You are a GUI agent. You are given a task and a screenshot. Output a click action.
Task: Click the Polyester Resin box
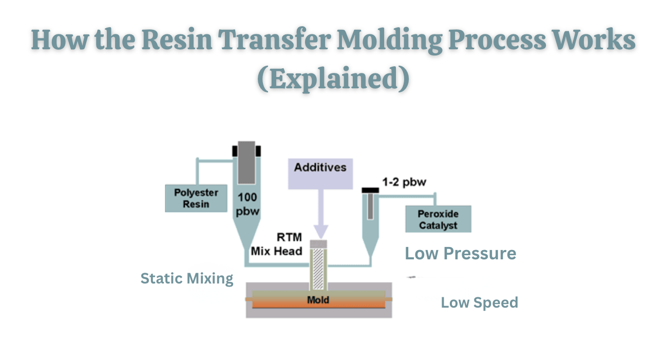tap(196, 198)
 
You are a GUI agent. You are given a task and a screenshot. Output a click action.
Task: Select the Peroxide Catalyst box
tap(438, 219)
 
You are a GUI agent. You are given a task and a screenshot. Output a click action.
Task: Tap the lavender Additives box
tap(320, 174)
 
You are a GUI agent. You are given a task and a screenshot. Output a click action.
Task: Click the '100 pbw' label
tap(246, 204)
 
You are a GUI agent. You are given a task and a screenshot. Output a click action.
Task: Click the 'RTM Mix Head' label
tap(277, 244)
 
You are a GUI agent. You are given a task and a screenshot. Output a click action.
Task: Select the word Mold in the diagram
tap(318, 300)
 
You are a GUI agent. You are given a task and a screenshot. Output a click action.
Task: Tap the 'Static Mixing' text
tap(187, 279)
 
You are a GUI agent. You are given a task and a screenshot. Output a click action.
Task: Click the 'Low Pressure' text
tap(461, 253)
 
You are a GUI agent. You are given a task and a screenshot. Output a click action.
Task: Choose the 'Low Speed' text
tap(479, 302)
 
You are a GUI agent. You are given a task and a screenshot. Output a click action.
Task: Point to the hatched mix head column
tap(318, 269)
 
